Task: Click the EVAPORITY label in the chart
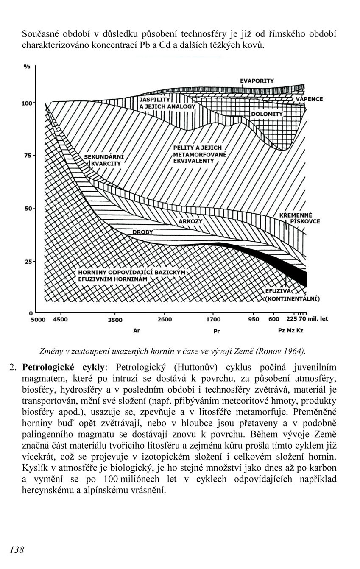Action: click(x=257, y=81)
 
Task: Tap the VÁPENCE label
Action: click(x=309, y=99)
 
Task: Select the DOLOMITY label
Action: click(x=267, y=114)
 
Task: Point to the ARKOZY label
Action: click(x=190, y=222)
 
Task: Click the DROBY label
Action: click(x=142, y=232)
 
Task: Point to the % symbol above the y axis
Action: click(x=27, y=67)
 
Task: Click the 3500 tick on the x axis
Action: click(x=115, y=320)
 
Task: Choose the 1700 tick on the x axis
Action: click(x=213, y=319)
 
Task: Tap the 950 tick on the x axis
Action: click(x=254, y=319)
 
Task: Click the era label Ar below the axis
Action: click(x=137, y=331)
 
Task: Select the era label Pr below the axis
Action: click(x=216, y=331)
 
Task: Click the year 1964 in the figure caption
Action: click(x=294, y=351)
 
